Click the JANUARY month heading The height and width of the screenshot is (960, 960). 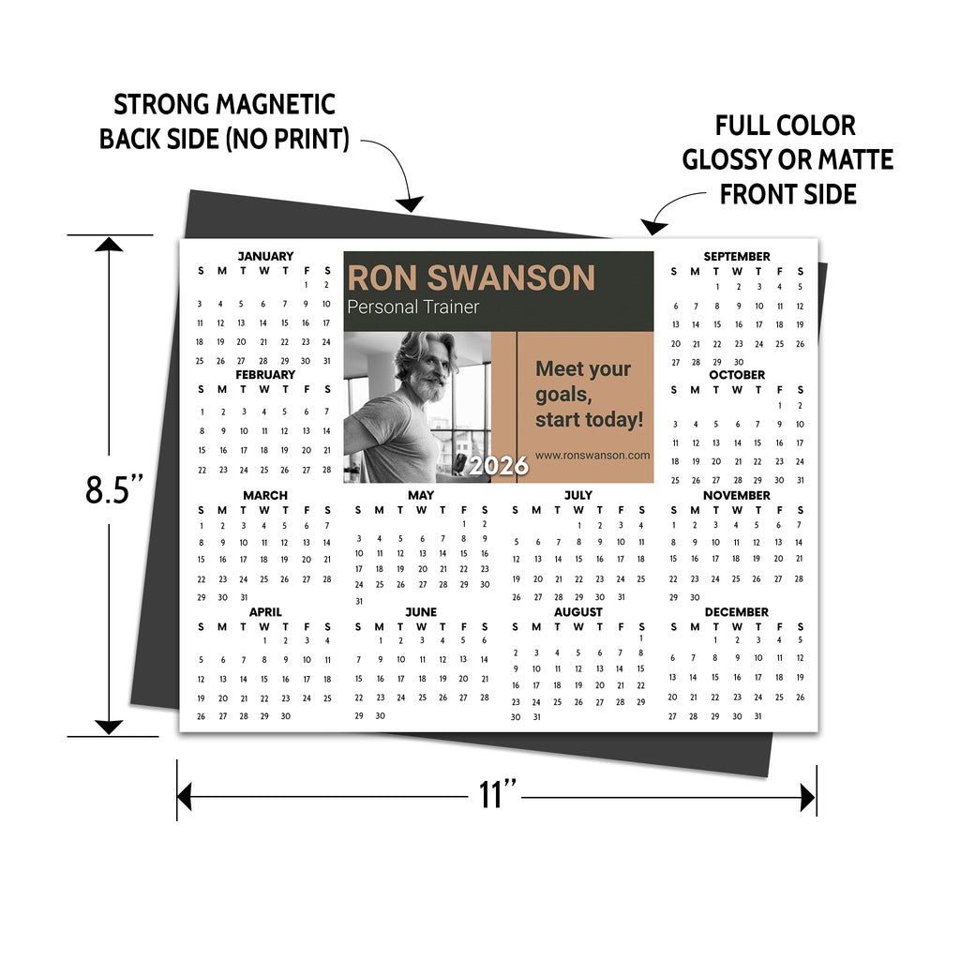265,256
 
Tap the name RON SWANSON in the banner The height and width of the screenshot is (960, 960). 471,277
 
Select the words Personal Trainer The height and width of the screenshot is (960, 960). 412,307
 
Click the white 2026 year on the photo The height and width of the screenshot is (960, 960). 498,466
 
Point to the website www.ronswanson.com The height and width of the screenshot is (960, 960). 592,456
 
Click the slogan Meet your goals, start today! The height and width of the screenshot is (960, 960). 589,394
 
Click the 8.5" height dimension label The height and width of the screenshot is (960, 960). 114,488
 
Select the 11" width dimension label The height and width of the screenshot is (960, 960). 497,795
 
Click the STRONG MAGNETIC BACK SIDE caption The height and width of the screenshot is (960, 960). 224,122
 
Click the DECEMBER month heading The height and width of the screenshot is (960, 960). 736,612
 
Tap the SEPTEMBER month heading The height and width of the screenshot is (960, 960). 737,256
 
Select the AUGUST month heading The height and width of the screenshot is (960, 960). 578,612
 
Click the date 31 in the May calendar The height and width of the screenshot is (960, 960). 358,601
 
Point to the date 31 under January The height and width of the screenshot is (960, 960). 326,360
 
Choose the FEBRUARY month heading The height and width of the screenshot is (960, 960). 265,374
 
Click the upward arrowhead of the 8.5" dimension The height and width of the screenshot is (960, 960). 109,245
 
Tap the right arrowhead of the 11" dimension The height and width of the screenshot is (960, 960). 807,798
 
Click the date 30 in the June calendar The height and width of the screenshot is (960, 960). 380,715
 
